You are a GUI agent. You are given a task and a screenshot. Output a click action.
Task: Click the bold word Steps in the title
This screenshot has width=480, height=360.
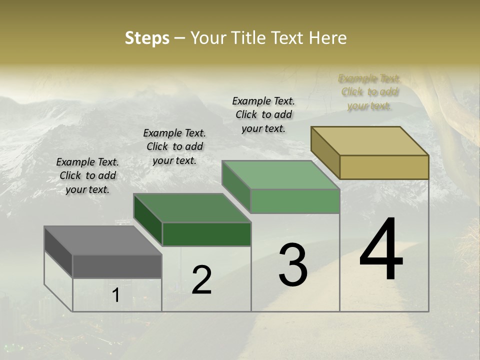147,38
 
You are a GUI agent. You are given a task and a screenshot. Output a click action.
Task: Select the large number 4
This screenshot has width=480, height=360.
381,249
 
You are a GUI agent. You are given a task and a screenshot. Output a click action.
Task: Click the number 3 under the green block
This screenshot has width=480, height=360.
293,265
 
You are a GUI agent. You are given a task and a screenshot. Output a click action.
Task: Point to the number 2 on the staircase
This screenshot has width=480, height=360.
202,280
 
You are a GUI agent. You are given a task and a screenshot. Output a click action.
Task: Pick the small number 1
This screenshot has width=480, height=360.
116,295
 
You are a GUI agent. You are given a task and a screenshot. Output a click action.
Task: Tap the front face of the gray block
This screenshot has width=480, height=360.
117,266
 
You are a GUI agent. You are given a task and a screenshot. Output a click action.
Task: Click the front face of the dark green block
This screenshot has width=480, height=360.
206,234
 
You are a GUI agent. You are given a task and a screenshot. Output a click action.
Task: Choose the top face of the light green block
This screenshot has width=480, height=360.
280,175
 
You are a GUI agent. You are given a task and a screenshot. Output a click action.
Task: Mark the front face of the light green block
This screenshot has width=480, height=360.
295,201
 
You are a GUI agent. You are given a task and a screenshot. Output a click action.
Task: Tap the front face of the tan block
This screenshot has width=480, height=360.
384,167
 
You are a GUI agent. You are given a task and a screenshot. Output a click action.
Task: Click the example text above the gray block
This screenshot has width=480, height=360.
87,176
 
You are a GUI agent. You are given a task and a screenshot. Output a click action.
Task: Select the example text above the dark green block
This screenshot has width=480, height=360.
174,146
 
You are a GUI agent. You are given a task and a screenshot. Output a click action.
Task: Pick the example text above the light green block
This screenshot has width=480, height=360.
263,114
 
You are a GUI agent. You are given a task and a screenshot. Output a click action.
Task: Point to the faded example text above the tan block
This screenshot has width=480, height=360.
369,92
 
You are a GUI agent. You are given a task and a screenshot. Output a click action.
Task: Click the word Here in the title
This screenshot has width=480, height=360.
329,38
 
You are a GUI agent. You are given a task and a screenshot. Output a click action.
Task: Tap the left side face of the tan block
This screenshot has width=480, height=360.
325,152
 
